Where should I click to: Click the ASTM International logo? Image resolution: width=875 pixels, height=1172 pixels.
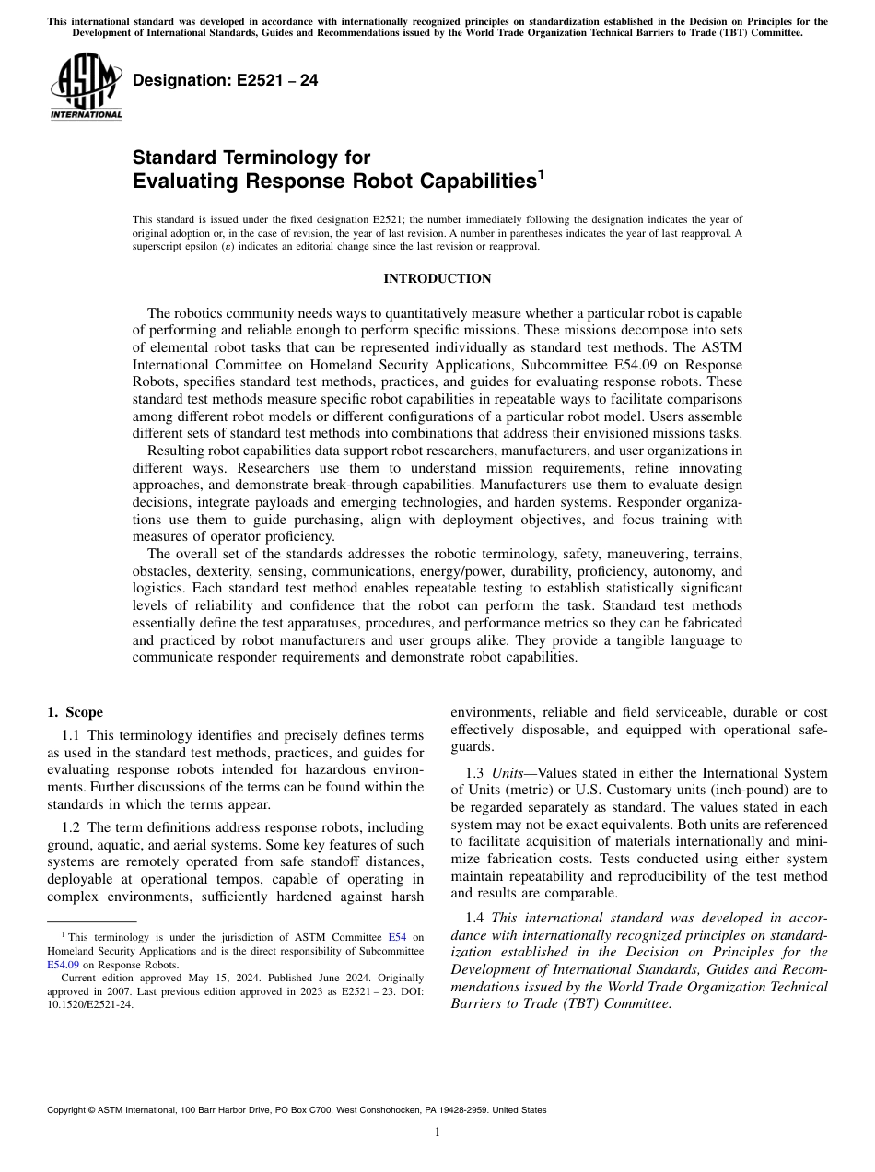[x=85, y=87]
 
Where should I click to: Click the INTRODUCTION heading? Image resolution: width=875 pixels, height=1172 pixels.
[x=437, y=278]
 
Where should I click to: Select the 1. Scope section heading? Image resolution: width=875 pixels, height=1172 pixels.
[x=75, y=712]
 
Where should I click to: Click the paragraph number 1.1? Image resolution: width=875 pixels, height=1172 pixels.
[x=72, y=735]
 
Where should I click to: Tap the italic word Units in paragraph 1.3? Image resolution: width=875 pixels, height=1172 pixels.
[x=507, y=772]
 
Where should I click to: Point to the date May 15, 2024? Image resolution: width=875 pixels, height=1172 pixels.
[x=194, y=978]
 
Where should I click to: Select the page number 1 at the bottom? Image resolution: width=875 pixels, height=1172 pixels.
[x=437, y=1132]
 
